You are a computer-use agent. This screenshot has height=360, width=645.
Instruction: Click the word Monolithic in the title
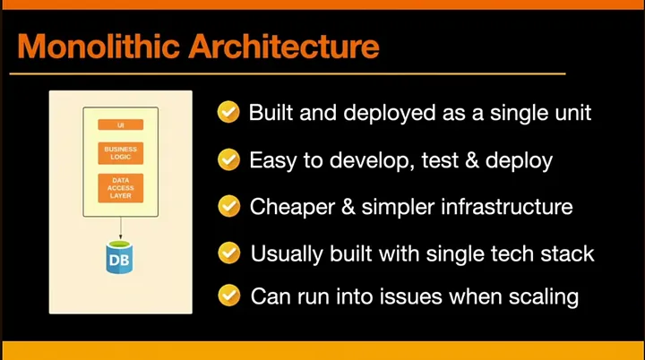coord(99,46)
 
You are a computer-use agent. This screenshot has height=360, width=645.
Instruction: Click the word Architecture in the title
coord(284,46)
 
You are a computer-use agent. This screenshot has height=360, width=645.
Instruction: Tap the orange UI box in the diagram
coord(121,124)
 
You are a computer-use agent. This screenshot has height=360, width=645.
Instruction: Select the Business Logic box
coord(121,153)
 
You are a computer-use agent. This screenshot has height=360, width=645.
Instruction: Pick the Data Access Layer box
coord(121,188)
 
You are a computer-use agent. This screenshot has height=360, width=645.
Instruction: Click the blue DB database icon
coord(119,258)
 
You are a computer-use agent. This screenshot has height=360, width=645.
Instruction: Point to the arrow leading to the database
coord(121,228)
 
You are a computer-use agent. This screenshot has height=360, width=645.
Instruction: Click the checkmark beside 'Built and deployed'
coord(228,112)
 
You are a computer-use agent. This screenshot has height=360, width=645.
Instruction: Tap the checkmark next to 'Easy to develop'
coord(228,159)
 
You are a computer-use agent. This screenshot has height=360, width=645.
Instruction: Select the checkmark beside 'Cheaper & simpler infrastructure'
coord(228,206)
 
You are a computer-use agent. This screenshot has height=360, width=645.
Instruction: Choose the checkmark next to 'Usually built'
coord(228,253)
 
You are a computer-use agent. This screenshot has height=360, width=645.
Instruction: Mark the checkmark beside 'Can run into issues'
coord(228,296)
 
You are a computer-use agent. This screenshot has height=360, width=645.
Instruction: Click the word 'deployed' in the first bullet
coord(389,114)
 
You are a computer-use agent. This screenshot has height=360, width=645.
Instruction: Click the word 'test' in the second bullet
coord(440,160)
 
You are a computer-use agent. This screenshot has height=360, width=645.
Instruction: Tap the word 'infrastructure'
coord(507,206)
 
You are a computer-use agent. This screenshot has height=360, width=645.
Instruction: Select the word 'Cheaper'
coord(292,207)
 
